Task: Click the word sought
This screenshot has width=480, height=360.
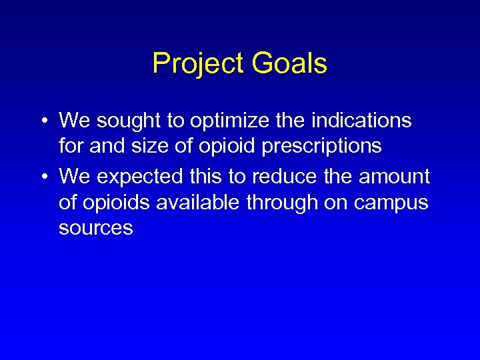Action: (x=126, y=121)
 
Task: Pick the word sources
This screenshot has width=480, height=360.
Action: (x=96, y=229)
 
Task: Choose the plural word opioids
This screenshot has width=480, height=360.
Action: (x=115, y=203)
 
